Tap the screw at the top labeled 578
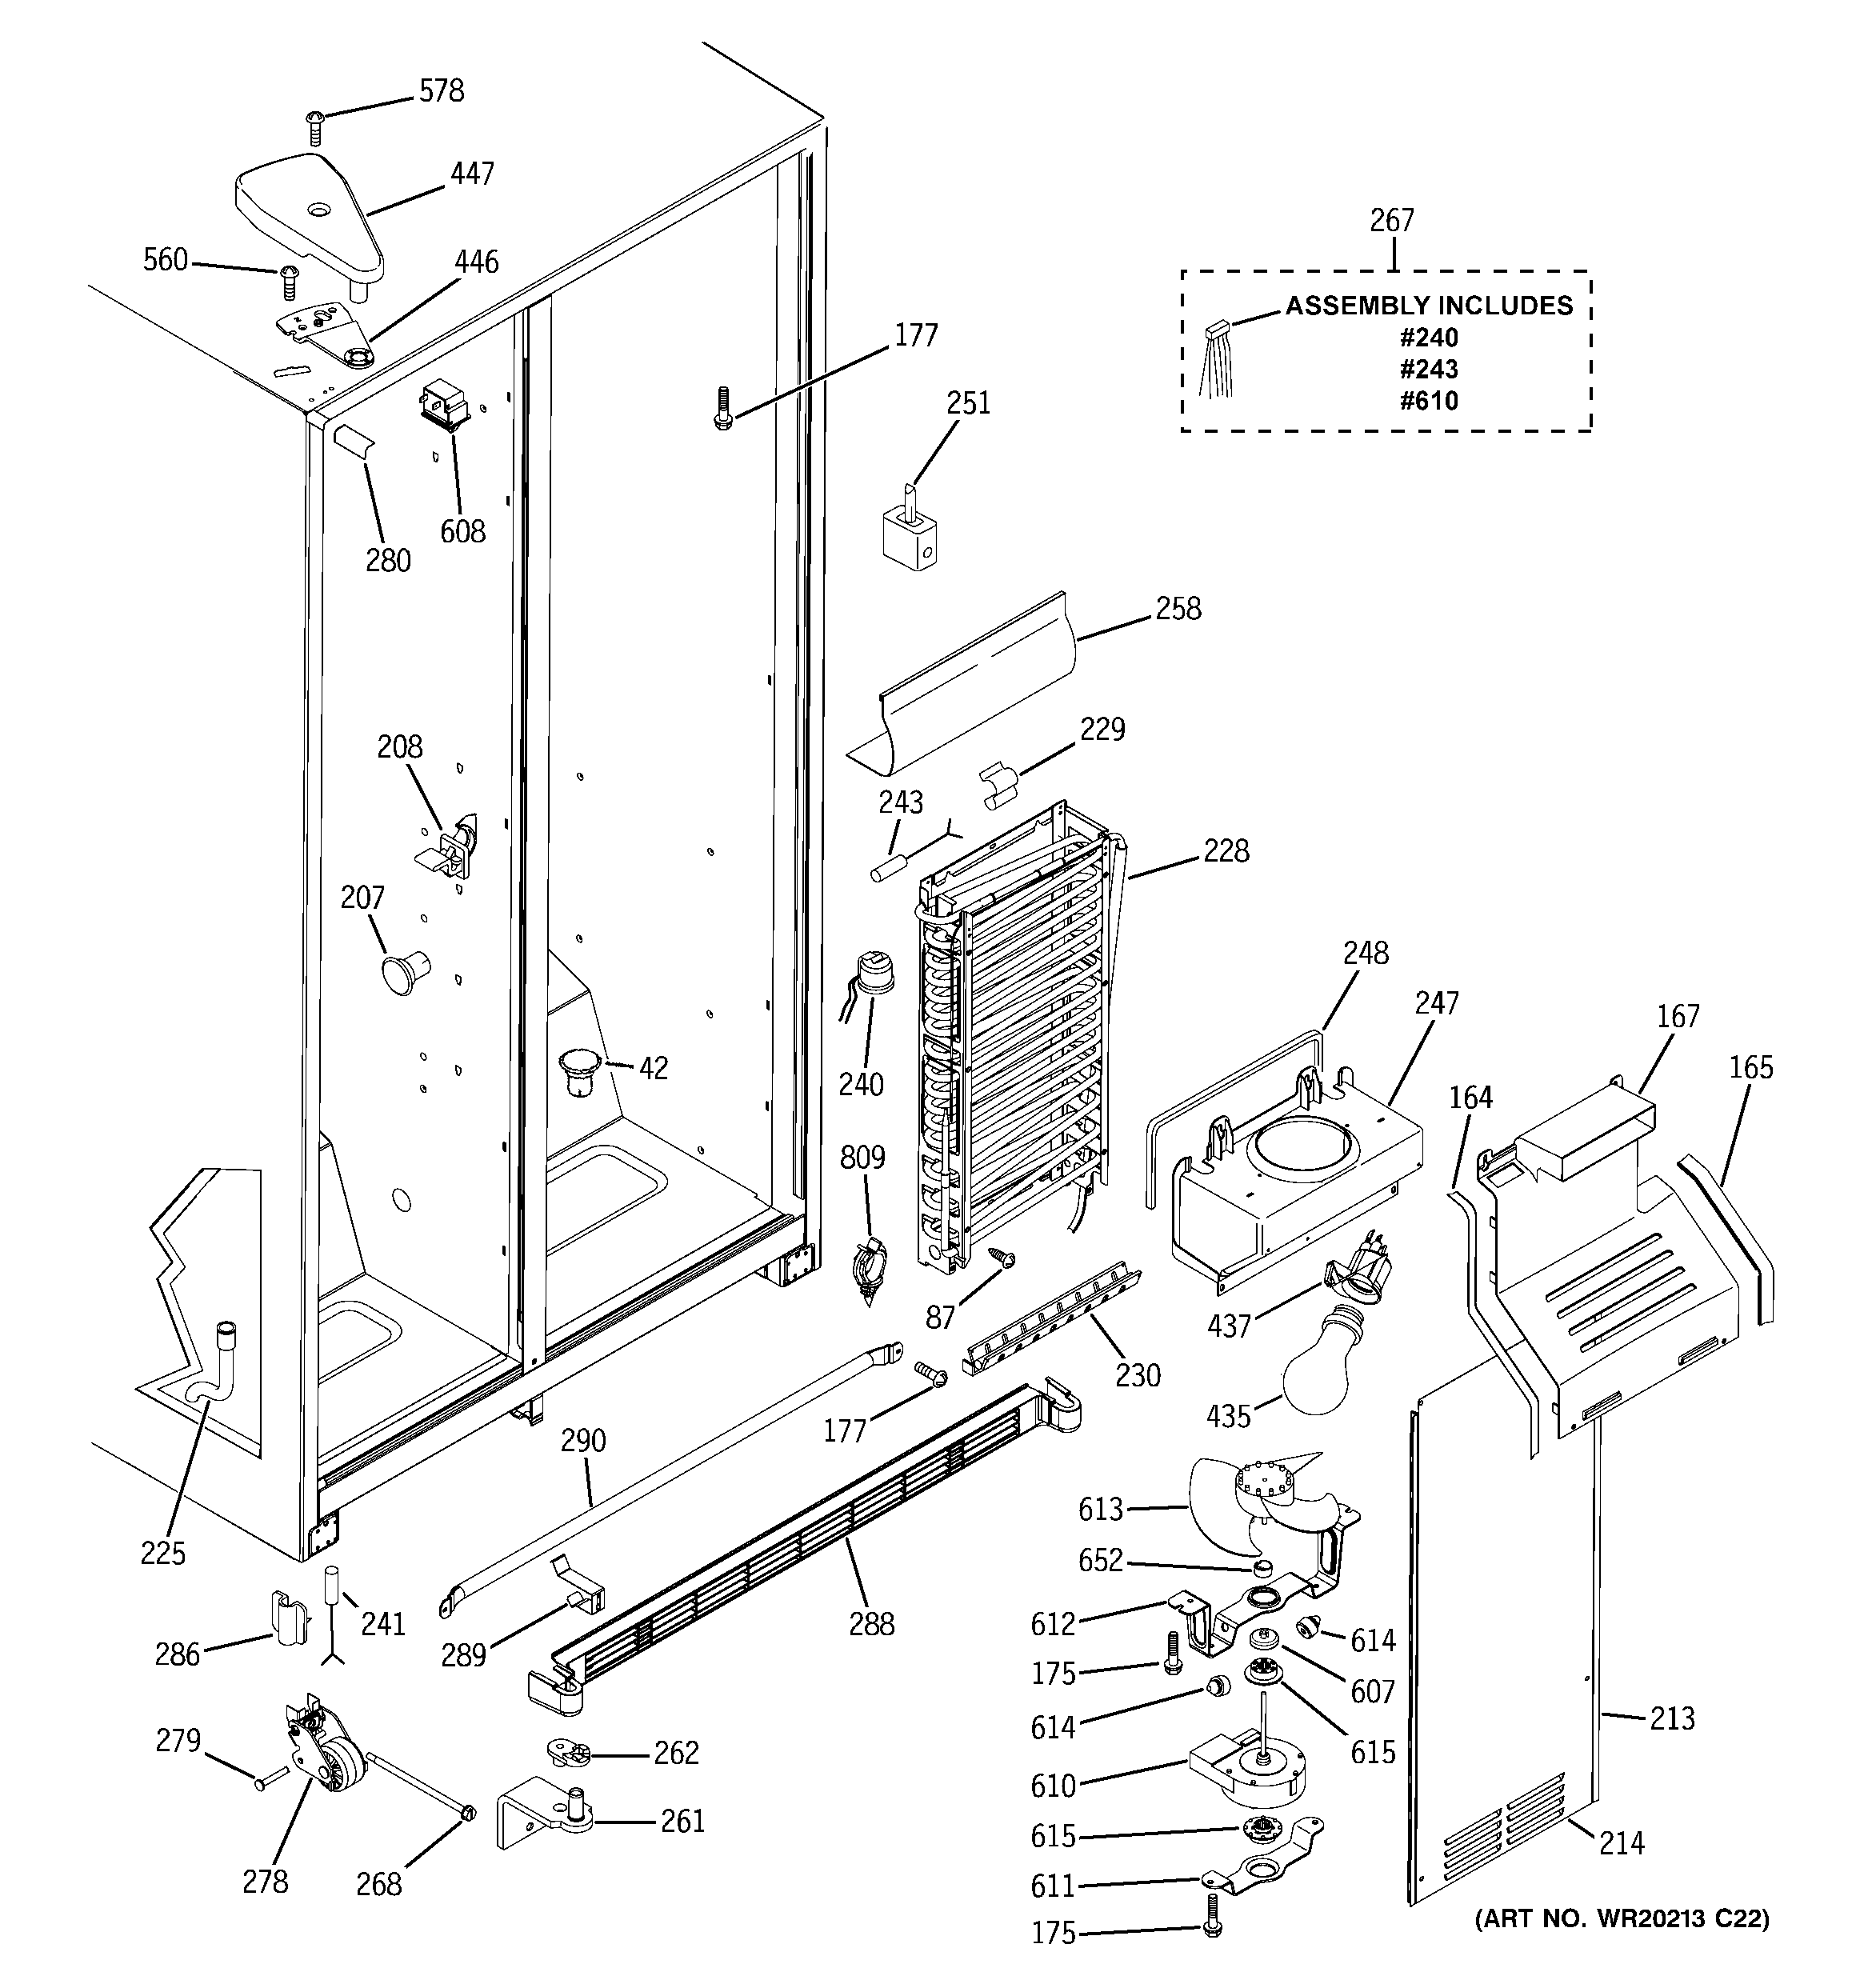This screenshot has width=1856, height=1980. pyautogui.click(x=315, y=126)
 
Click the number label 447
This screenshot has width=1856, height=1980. pyautogui.click(x=471, y=174)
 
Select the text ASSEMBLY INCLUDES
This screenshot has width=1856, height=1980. pyautogui.click(x=1428, y=305)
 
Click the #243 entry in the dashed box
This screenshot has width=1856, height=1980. pyautogui.click(x=1428, y=369)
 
